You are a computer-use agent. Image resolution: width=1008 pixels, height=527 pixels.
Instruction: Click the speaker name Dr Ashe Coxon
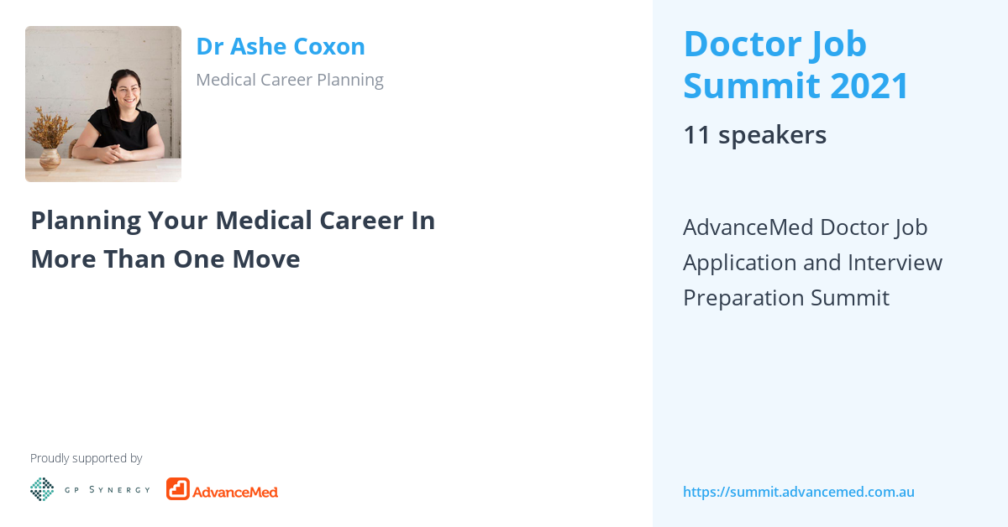click(280, 47)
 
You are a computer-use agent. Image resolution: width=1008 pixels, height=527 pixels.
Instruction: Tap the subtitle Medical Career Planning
click(289, 80)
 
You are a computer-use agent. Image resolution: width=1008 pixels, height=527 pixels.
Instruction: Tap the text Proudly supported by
click(86, 458)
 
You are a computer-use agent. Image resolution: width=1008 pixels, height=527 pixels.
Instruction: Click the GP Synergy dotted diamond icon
click(42, 489)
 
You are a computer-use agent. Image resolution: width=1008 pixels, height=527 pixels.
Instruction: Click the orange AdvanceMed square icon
click(178, 489)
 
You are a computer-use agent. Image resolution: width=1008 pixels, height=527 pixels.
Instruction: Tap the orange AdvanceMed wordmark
click(235, 491)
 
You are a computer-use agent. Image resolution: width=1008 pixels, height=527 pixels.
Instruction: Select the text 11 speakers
click(754, 135)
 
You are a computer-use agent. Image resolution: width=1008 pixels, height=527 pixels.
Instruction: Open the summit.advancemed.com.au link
click(798, 492)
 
